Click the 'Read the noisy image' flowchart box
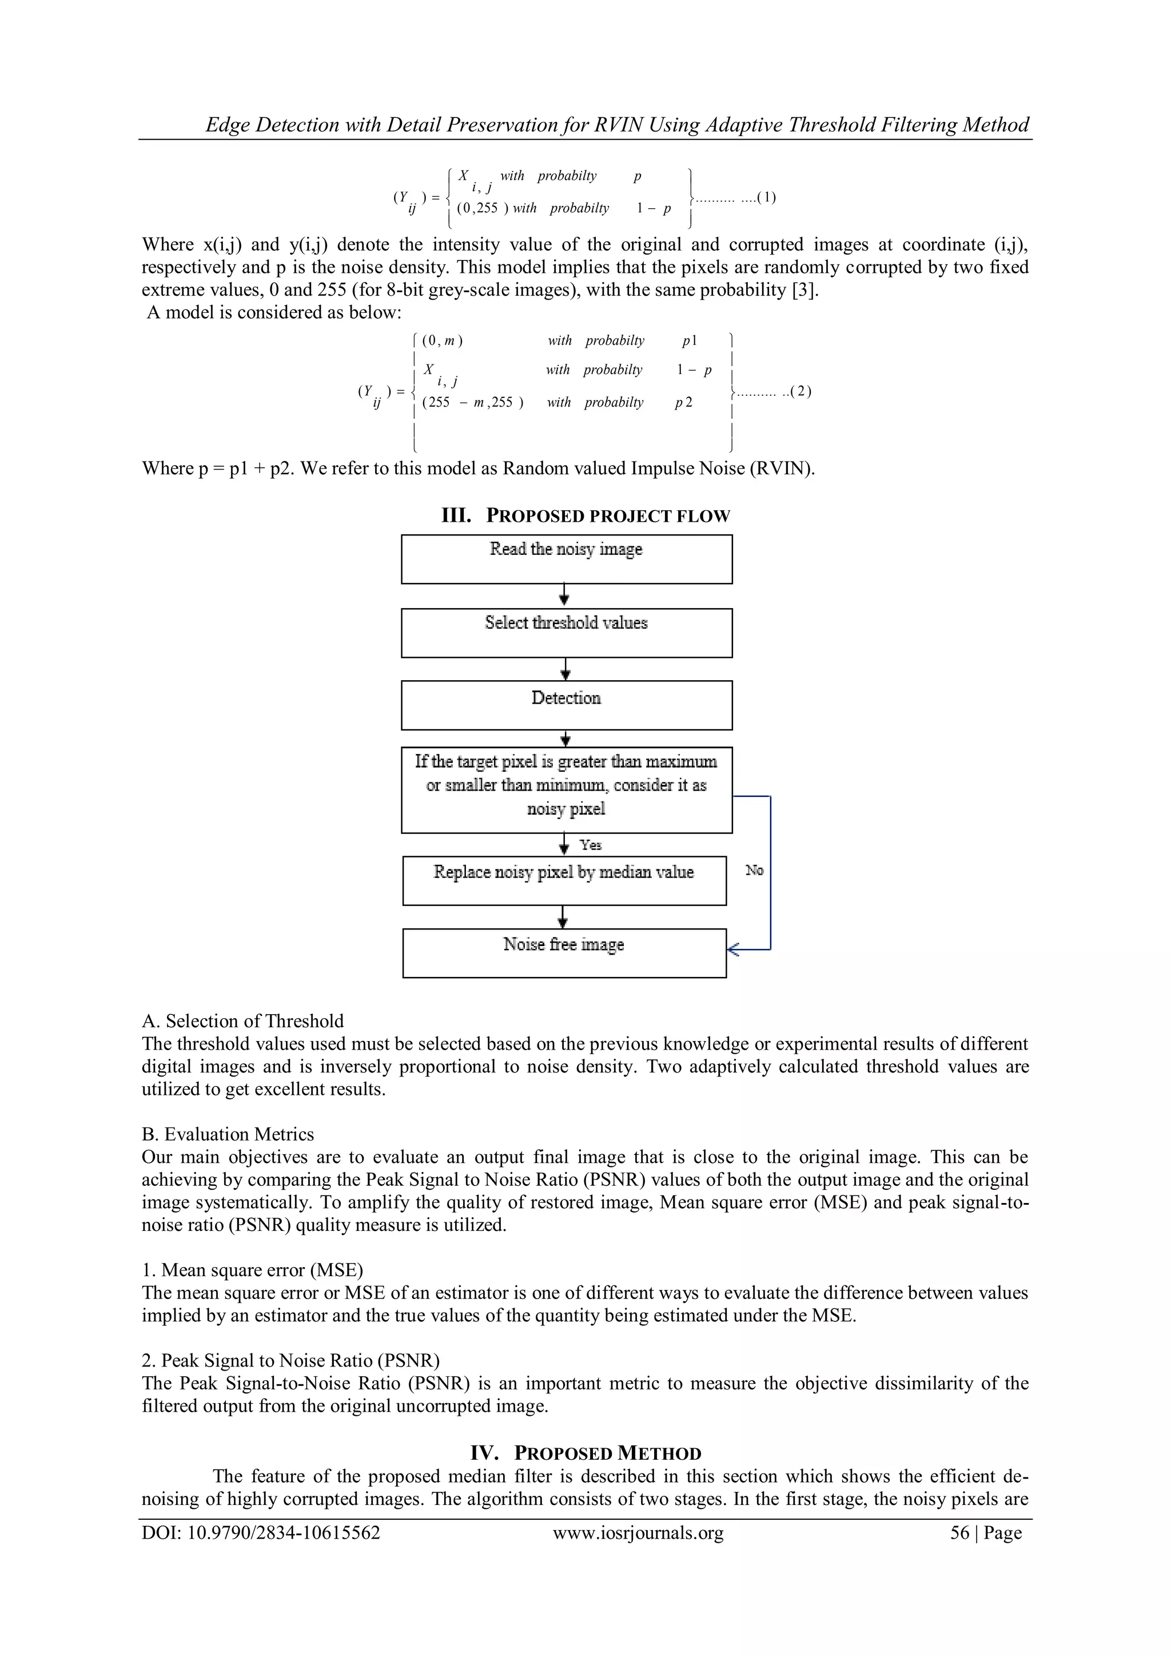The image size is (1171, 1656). [566, 559]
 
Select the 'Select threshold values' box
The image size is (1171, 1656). [566, 633]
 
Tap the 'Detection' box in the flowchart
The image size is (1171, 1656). [566, 705]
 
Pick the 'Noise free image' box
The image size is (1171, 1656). [564, 953]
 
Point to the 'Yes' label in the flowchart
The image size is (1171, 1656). [591, 845]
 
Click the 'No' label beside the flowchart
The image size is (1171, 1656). [754, 871]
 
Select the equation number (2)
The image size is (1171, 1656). [801, 392]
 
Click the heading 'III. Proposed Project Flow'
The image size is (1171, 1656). [585, 516]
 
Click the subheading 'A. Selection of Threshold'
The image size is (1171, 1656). [243, 1021]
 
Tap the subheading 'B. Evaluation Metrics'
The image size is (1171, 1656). [228, 1134]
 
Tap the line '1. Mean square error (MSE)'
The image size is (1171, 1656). [252, 1270]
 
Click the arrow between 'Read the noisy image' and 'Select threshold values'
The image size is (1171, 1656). [565, 595]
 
